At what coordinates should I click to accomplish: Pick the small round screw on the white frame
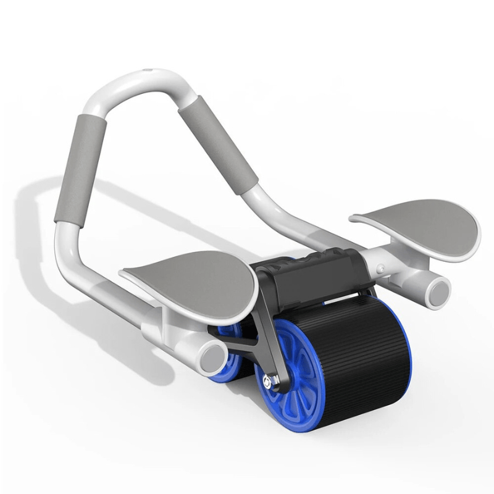tap(382, 269)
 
